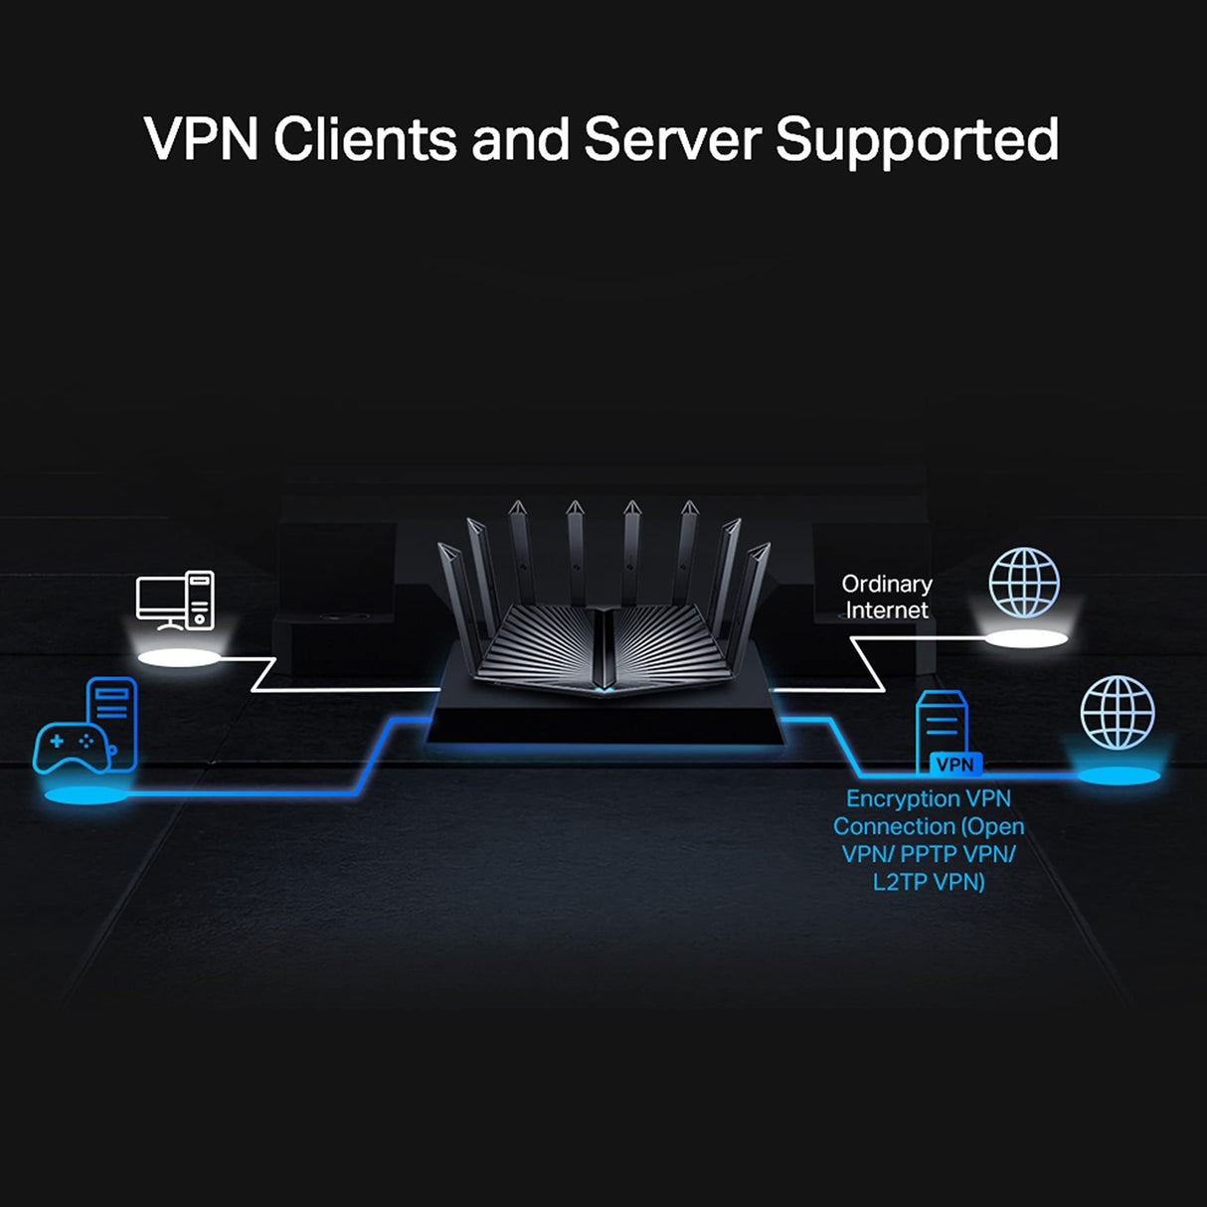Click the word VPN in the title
pos(202,139)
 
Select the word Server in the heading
pos(672,139)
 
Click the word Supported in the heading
pos(917,139)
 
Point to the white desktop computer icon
pos(175,601)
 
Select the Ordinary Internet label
pos(886,597)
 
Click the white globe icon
pos(1024,583)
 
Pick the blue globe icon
pos(1118,712)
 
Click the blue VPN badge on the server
pos(954,765)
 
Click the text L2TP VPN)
pos(929,881)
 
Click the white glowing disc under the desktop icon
pos(178,658)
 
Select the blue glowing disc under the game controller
pos(86,795)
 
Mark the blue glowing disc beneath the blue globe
pos(1119,776)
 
